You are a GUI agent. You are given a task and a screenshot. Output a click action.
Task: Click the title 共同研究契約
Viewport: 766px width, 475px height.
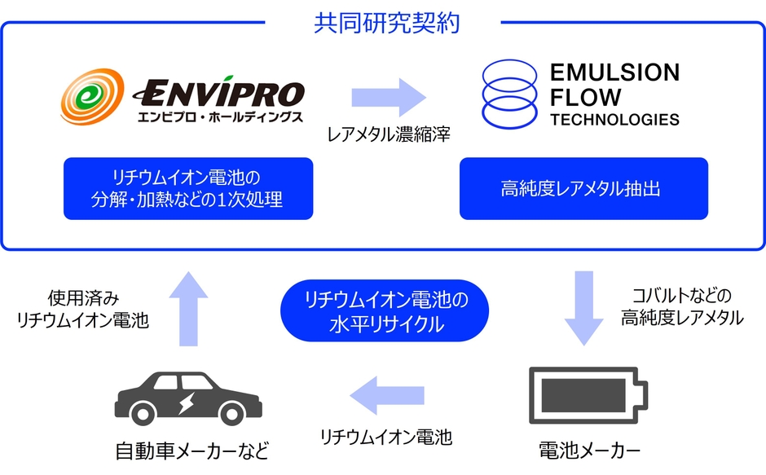click(386, 22)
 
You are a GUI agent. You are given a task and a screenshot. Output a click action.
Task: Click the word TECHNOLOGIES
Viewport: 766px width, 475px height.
click(614, 120)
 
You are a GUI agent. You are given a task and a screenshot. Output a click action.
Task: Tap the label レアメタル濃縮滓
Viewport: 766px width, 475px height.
click(389, 134)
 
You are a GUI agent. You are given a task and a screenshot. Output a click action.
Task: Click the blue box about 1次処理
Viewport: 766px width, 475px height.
click(188, 188)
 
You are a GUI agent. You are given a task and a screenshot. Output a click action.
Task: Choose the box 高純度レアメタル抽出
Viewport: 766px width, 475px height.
click(583, 188)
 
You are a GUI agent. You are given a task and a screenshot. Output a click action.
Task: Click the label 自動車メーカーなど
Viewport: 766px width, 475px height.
click(191, 451)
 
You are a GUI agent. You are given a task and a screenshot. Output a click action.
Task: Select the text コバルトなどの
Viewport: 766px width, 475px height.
click(682, 295)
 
